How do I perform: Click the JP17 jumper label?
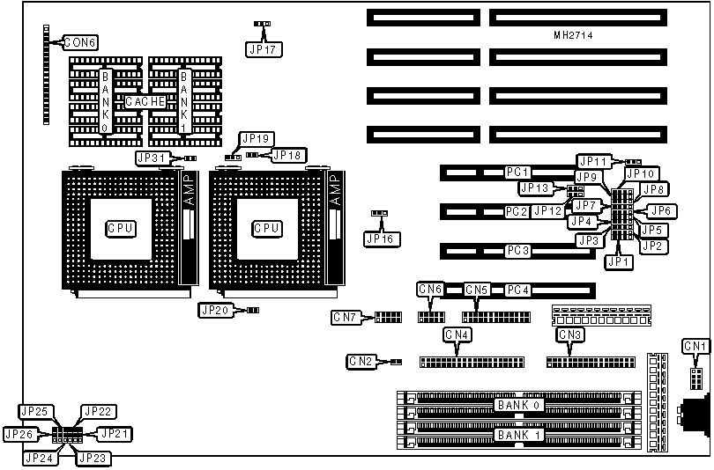263,49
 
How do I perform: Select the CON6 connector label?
79,41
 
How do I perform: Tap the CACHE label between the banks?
145,102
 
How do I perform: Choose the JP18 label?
287,156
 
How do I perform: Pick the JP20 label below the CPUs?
217,310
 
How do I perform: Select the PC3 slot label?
517,251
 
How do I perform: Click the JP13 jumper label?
535,187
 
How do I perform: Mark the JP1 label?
620,261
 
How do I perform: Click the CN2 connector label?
361,361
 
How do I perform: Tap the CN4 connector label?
457,334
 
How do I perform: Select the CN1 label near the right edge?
695,346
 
